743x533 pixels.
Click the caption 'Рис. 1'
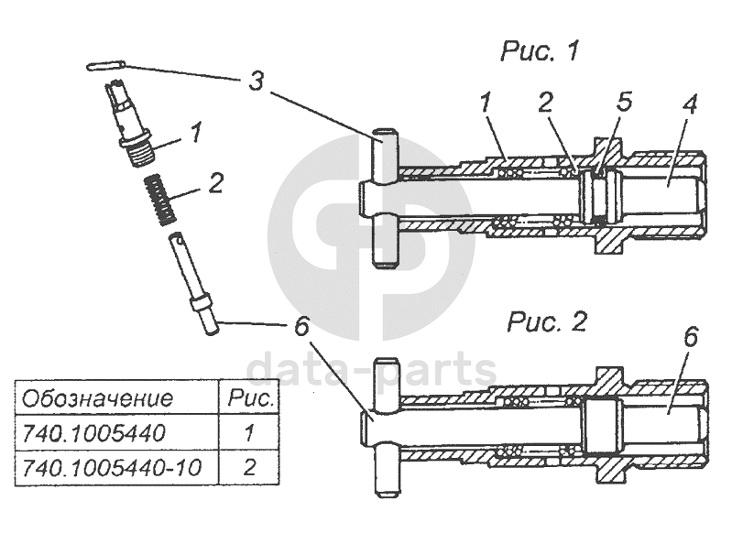pos(539,51)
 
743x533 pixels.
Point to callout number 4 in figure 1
pos(688,104)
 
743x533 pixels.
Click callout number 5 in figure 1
pos(624,102)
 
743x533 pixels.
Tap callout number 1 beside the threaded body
pos(194,135)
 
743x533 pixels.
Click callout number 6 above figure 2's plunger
pos(690,337)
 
